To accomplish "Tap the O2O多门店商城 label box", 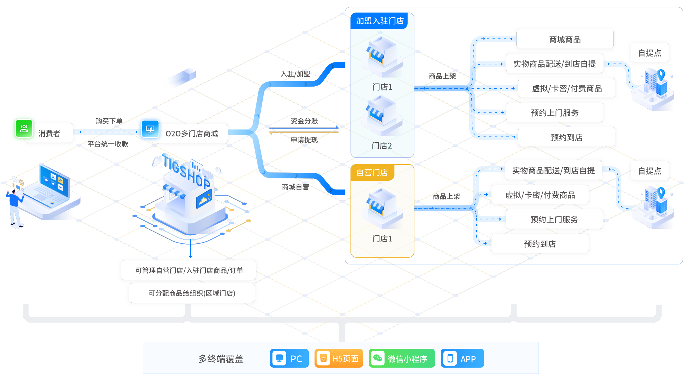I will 192,133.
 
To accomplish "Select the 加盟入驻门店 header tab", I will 380,21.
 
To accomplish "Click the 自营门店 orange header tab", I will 372,172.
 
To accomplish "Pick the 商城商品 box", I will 565,39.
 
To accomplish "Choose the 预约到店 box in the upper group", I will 567,137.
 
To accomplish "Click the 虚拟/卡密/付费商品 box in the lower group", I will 540,195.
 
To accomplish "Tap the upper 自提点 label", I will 650,53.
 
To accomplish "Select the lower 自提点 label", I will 650,171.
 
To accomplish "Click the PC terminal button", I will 289,358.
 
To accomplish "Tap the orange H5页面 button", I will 339,358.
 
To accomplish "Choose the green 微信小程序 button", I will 402,358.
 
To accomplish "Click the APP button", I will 462,358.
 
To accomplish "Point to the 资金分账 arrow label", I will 304,121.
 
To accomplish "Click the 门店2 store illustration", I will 382,115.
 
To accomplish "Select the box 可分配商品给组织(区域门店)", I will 192,293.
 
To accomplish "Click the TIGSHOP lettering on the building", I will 187,171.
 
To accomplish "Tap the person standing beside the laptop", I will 14,208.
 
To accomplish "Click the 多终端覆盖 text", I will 221,358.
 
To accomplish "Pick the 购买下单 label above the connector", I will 109,121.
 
